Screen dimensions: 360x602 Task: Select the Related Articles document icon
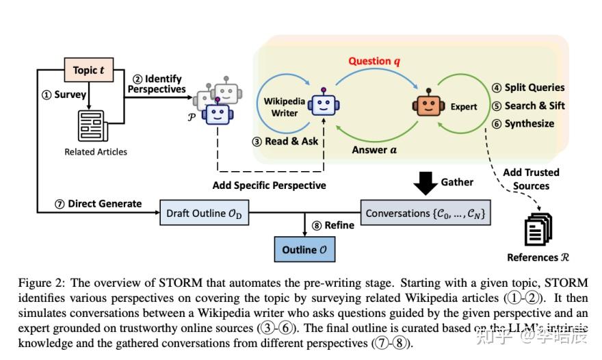pyautogui.click(x=95, y=125)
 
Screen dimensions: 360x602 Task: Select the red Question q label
pyautogui.click(x=374, y=61)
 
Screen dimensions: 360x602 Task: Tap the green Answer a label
pyautogui.click(x=374, y=149)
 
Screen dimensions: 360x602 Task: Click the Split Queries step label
pyautogui.click(x=529, y=88)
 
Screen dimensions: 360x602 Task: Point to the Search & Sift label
pyautogui.click(x=529, y=106)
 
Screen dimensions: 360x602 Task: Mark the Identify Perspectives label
pyautogui.click(x=159, y=83)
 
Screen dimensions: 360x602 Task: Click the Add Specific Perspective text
pyautogui.click(x=269, y=185)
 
